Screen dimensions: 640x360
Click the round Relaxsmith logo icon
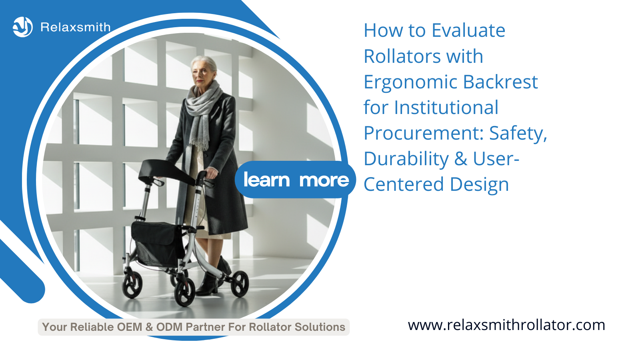(x=22, y=27)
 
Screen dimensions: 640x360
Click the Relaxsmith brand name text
(x=76, y=27)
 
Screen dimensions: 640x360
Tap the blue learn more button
(x=296, y=180)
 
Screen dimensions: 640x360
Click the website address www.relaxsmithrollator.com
(x=506, y=325)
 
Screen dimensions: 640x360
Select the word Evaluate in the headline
(x=468, y=30)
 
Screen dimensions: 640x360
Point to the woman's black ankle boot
(x=208, y=284)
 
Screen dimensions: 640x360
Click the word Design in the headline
(x=480, y=184)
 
